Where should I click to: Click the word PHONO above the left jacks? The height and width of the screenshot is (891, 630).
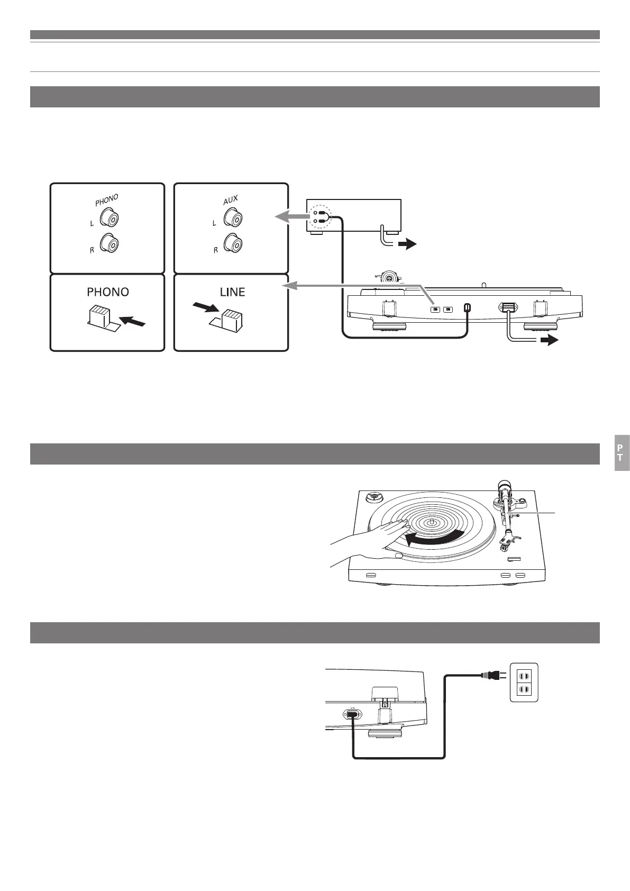coord(107,199)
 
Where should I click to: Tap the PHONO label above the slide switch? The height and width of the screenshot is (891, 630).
coord(107,292)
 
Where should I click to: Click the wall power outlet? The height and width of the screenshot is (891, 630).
coord(524,682)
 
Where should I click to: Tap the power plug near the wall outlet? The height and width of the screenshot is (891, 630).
coord(490,675)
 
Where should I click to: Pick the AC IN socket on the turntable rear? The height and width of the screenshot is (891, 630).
coord(351,714)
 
